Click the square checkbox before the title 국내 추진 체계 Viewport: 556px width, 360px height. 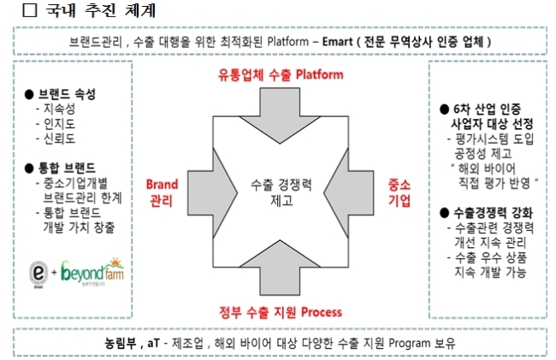[x=30, y=10]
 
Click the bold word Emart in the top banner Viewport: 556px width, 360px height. [x=338, y=42]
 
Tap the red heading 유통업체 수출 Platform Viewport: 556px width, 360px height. [x=281, y=74]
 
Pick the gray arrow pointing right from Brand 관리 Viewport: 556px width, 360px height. [x=212, y=193]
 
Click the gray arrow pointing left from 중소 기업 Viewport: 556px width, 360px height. [x=348, y=193]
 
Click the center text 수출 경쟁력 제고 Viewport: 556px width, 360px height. [x=281, y=192]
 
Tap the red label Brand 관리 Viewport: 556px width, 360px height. [x=162, y=192]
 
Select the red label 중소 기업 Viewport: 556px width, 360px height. [x=399, y=192]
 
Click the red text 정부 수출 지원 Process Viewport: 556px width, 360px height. [x=281, y=312]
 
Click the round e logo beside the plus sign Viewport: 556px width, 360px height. [x=38, y=273]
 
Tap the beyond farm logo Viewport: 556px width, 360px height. [x=92, y=272]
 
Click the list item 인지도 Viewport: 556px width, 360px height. [x=59, y=124]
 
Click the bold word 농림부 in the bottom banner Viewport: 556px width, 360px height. [x=121, y=343]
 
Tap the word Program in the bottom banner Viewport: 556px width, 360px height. [x=410, y=344]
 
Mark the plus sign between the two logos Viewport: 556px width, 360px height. [x=54, y=273]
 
